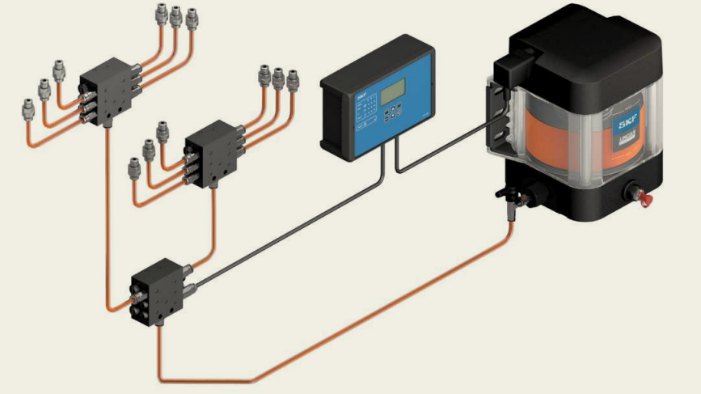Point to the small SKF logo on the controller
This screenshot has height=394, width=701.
click(361, 96)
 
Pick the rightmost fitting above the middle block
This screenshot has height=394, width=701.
click(293, 78)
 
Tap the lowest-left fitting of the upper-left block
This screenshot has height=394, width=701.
click(30, 106)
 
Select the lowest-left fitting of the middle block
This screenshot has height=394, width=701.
click(135, 167)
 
